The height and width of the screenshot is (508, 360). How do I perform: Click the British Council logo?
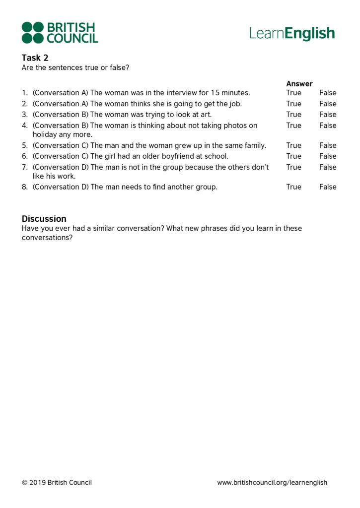click(x=60, y=33)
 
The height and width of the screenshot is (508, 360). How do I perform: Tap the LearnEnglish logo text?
click(x=292, y=33)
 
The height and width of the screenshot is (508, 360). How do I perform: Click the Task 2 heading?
click(x=35, y=58)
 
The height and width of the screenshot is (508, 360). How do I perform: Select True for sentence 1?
click(x=293, y=93)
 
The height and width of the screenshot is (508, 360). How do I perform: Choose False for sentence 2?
click(x=328, y=104)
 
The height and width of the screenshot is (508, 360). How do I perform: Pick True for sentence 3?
click(x=293, y=115)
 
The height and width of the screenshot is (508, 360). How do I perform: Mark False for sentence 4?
click(x=328, y=126)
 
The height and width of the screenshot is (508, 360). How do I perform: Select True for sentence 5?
click(x=293, y=145)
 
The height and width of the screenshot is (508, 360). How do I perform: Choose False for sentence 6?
click(x=328, y=156)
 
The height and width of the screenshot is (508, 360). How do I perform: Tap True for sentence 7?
click(x=293, y=167)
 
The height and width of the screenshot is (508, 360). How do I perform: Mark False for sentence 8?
click(x=328, y=187)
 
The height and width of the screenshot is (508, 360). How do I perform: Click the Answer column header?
click(x=299, y=84)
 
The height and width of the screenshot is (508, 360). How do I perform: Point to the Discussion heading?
click(x=44, y=219)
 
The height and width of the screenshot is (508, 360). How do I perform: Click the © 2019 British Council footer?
click(x=57, y=483)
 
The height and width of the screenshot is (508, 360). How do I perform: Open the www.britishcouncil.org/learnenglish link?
click(x=272, y=483)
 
